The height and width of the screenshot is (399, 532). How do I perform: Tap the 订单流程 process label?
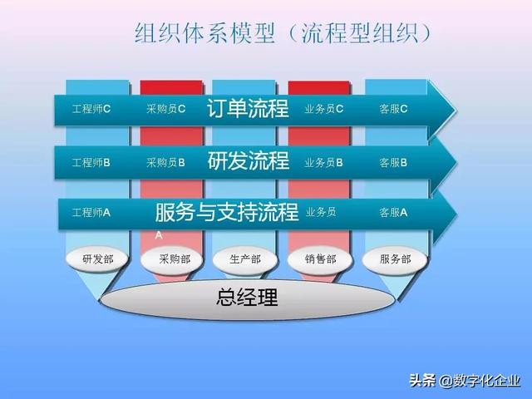[x=248, y=108]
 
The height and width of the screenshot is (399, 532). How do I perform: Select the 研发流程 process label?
[x=248, y=161]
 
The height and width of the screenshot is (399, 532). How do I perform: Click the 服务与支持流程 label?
[x=227, y=212]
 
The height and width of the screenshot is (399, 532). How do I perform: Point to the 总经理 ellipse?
[x=247, y=298]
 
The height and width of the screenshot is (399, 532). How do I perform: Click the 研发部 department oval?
[x=97, y=259]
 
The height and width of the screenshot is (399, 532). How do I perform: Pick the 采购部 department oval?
[x=174, y=259]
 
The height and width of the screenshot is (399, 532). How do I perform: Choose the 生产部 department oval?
[x=244, y=259]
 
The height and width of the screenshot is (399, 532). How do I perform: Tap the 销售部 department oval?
[x=320, y=259]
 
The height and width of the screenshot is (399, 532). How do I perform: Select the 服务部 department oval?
[x=395, y=259]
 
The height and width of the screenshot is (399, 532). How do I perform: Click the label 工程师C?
[x=91, y=109]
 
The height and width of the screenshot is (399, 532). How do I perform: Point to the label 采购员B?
[x=165, y=162]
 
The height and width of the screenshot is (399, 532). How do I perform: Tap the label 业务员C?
[x=324, y=109]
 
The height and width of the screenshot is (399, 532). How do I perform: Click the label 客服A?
[x=393, y=212]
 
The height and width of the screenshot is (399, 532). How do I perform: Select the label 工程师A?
[x=91, y=212]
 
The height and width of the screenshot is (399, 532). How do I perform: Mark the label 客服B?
[x=393, y=162]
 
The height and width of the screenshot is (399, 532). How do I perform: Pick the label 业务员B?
[x=324, y=162]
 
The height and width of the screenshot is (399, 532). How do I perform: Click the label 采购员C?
[x=165, y=109]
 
